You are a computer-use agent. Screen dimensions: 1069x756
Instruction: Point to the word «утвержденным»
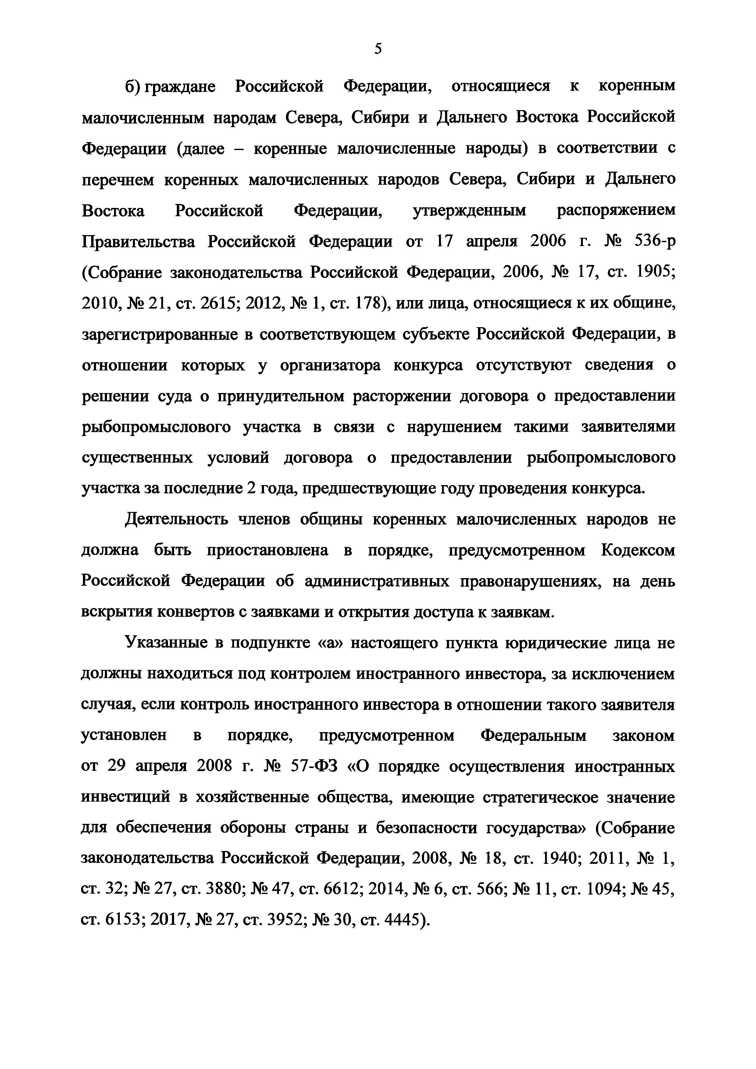[x=469, y=210]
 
